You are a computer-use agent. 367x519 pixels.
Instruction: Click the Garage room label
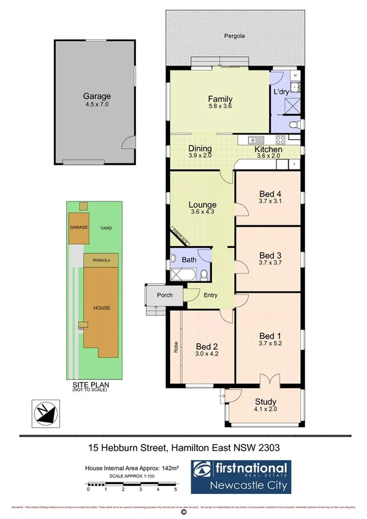click(x=97, y=96)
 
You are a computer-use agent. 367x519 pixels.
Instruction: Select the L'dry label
click(x=281, y=92)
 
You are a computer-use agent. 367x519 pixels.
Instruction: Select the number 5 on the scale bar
click(x=176, y=489)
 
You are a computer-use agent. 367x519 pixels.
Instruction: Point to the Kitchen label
click(x=268, y=149)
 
